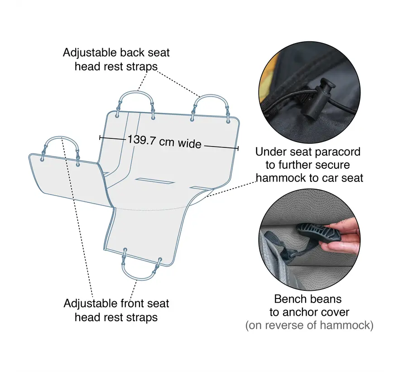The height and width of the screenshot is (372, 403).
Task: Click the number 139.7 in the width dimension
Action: (x=142, y=140)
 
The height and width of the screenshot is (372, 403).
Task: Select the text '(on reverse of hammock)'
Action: (x=309, y=325)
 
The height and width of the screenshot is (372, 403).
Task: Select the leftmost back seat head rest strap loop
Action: (x=136, y=93)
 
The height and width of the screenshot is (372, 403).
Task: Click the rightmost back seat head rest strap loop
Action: (x=211, y=96)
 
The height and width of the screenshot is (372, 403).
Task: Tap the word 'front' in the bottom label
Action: (x=133, y=303)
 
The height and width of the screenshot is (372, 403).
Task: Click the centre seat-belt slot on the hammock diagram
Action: (x=155, y=181)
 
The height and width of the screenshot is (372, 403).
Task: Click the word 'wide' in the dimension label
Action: (x=189, y=144)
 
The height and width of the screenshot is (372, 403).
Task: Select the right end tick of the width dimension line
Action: (x=238, y=148)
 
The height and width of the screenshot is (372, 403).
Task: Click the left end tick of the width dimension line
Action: (x=100, y=138)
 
